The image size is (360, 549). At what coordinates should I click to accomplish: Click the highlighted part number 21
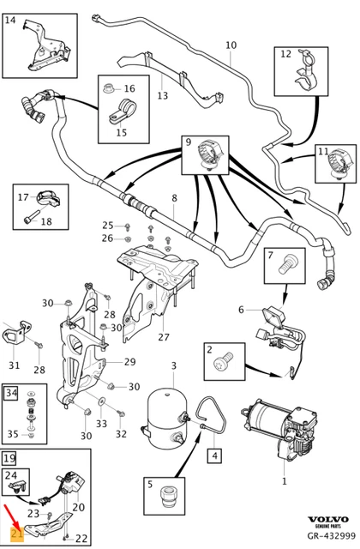click(x=17, y=534)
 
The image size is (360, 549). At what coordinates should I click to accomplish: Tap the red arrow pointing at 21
click(x=10, y=516)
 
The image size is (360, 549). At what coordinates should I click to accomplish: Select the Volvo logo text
click(x=327, y=519)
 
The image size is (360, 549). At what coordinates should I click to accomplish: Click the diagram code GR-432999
click(x=332, y=535)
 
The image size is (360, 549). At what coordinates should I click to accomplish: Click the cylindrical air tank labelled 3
click(x=165, y=421)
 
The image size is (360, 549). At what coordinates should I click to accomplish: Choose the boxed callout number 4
click(x=214, y=455)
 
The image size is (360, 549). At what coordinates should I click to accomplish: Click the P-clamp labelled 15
click(x=122, y=112)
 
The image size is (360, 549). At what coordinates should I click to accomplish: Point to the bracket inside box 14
click(x=45, y=47)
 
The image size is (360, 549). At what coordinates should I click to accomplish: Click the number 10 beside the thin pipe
click(x=231, y=45)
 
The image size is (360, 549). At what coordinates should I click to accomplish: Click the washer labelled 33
click(x=102, y=401)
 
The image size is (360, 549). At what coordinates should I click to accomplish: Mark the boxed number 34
click(x=11, y=393)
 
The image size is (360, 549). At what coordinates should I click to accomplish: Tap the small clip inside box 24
click(x=18, y=486)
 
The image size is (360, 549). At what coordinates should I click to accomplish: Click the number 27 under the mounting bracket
click(x=164, y=337)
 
